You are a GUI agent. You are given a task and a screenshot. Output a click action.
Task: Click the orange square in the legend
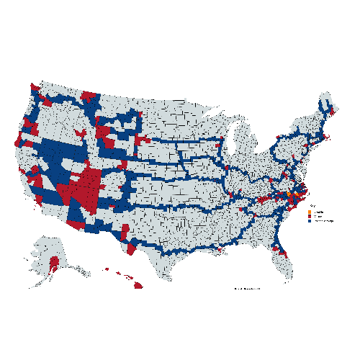309,211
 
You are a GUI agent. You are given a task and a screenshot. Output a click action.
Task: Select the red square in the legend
309,215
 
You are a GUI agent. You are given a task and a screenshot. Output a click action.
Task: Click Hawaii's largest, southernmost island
137,285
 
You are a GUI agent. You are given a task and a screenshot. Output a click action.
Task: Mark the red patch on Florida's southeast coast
284,253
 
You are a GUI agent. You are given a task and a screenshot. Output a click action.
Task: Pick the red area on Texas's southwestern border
131,248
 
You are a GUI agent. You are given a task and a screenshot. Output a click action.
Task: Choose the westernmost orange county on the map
288,193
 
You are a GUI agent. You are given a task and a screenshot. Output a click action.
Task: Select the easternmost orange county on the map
297,196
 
